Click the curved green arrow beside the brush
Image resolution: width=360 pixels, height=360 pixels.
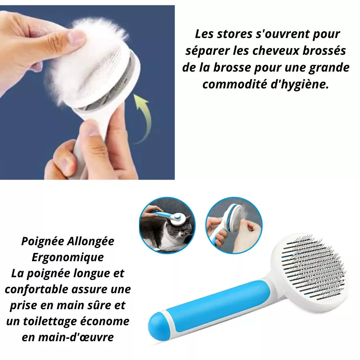pos(142,116)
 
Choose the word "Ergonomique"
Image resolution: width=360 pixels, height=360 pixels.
pos(68,257)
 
